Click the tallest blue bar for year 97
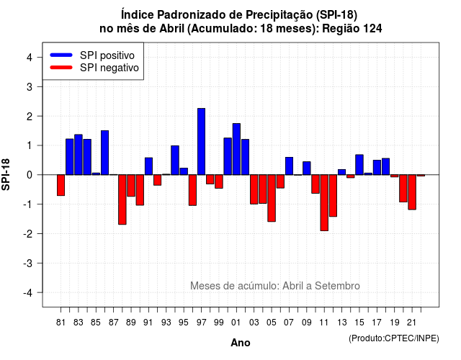coord(202,142)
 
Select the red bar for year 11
coord(324,203)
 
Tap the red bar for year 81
coord(61,185)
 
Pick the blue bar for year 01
coord(236,149)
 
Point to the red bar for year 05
coord(272,198)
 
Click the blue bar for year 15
coord(359,165)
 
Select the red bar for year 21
coord(412,192)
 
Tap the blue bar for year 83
coord(79,155)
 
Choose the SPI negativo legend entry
coord(94,68)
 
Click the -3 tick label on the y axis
coord(28,264)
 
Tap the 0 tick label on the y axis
coord(30,175)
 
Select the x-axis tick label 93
coord(166,323)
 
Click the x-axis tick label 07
coord(289,323)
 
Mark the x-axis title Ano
coord(241,343)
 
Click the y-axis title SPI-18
coord(6,174)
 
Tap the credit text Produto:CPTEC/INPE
coord(394,338)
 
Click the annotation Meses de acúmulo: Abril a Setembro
coord(275,286)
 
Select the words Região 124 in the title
coord(352,29)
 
